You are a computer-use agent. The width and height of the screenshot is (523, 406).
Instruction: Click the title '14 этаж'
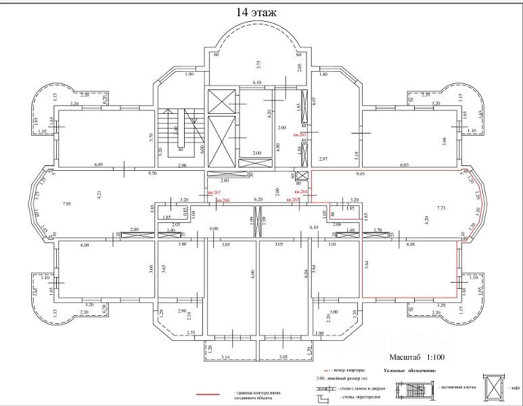pyautogui.click(x=256, y=12)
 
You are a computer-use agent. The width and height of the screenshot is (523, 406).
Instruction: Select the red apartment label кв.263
pyautogui.click(x=300, y=136)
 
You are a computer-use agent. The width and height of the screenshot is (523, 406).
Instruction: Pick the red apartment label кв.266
pyautogui.click(x=221, y=200)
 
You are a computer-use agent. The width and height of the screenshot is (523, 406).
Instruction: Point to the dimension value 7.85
pyautogui.click(x=66, y=203)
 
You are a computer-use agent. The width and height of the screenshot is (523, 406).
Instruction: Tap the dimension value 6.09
pyautogui.click(x=99, y=165)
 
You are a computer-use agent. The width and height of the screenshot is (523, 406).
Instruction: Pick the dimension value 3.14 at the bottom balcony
pyautogui.click(x=226, y=356)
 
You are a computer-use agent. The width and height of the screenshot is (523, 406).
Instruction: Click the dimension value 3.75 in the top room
pyautogui.click(x=258, y=64)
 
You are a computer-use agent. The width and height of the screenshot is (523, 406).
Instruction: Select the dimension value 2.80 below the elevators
pyautogui.click(x=225, y=181)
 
